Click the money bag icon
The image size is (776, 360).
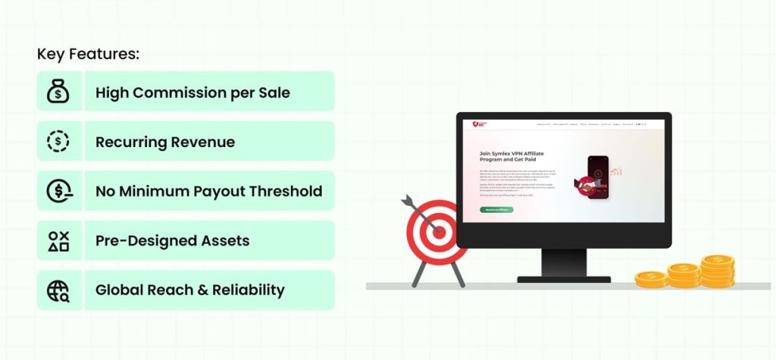pos(58,92)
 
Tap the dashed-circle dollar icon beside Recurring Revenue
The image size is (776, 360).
pos(58,142)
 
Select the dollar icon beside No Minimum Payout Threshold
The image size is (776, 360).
pos(58,192)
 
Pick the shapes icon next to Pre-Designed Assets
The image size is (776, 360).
pos(58,241)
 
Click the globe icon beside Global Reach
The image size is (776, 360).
pos(58,291)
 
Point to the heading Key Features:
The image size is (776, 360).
pos(89,55)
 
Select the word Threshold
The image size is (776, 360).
pos(286,192)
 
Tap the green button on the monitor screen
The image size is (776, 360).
pos(496,209)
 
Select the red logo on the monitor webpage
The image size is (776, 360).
pos(475,124)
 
